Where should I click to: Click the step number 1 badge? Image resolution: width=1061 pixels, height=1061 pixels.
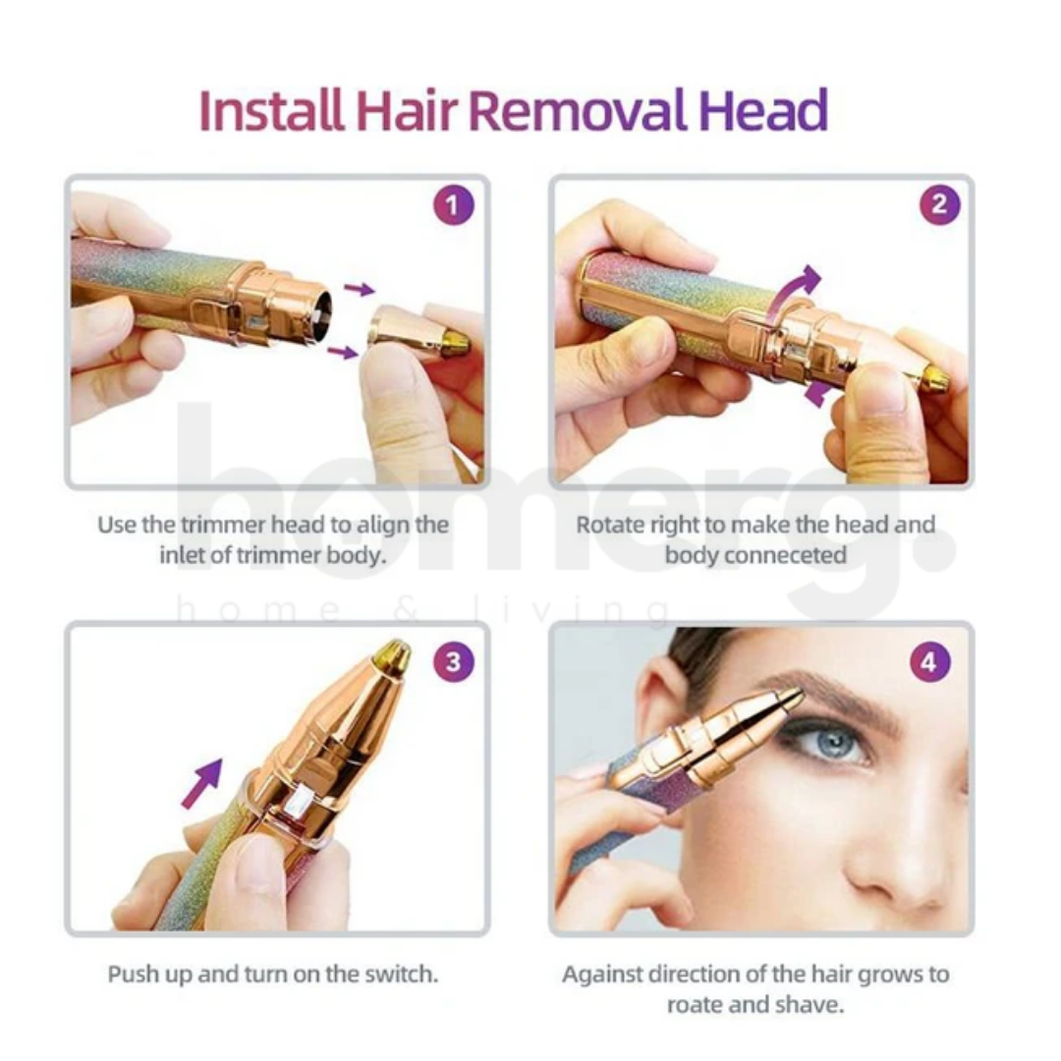[452, 206]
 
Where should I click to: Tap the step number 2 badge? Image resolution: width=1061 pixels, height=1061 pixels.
[939, 206]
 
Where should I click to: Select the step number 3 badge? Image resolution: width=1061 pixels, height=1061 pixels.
[452, 661]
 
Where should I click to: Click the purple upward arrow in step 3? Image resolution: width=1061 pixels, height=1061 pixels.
[202, 782]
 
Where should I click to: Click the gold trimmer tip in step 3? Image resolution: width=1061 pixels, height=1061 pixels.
[392, 656]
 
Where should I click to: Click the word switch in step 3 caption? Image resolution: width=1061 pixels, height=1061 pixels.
[397, 975]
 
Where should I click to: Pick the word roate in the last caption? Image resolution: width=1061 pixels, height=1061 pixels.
[699, 1005]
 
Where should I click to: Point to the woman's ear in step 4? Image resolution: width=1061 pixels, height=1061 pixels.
[656, 707]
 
